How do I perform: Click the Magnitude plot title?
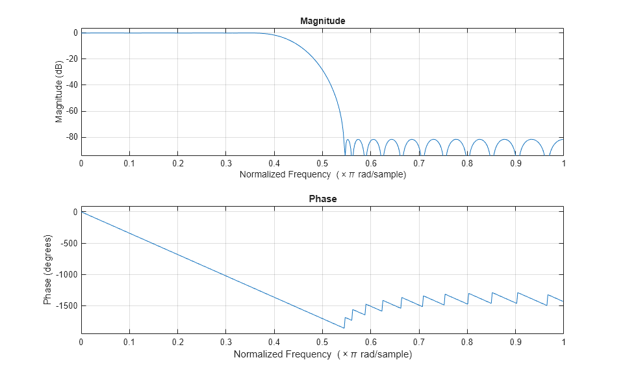point(322,21)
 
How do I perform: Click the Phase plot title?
point(322,199)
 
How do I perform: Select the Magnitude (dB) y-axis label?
point(59,92)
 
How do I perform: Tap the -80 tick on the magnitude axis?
point(69,137)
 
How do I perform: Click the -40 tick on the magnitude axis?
point(69,85)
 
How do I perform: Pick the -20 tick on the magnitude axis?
point(69,59)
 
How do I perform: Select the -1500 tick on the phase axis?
point(65,305)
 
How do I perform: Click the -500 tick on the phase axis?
point(67,243)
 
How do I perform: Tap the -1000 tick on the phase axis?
point(65,274)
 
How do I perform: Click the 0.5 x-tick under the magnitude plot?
point(322,163)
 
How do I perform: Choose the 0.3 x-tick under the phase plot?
point(225,342)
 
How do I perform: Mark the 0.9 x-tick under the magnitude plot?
point(515,163)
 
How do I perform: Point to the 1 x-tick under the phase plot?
point(563,342)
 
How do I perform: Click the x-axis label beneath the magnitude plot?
point(322,174)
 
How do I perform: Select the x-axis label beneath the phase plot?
point(322,354)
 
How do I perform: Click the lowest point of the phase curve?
point(344,328)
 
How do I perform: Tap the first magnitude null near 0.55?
point(344,154)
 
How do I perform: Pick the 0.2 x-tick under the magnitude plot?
point(177,163)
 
